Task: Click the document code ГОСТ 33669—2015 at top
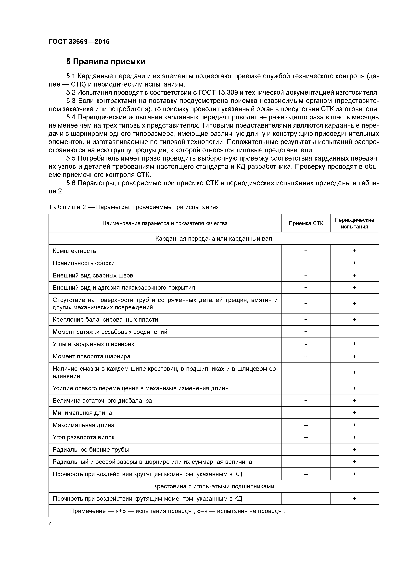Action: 79,42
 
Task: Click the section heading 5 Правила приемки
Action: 106,62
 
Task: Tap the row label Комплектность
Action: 74,251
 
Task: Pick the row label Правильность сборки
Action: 83,263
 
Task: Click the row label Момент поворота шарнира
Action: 91,356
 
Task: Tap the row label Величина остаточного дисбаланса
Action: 102,401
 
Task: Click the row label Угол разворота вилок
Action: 83,437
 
